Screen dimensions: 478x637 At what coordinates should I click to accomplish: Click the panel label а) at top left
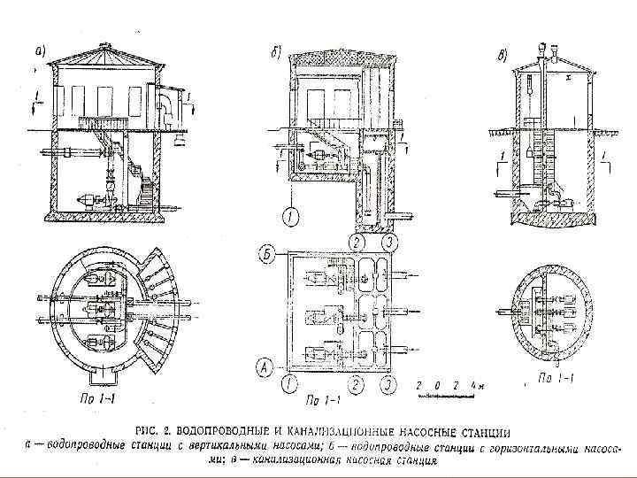[x=40, y=51]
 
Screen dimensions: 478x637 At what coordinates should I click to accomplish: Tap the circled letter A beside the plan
[x=263, y=364]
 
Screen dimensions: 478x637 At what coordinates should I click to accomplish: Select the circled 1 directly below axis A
[x=289, y=384]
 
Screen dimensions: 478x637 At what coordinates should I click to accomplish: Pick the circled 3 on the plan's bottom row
[x=388, y=384]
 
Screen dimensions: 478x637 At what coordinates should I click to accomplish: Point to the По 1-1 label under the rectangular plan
[x=322, y=399]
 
